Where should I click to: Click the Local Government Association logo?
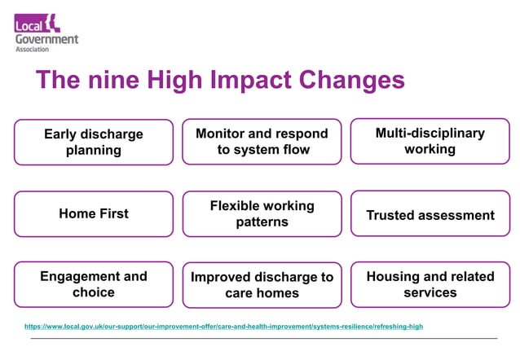pos(46,33)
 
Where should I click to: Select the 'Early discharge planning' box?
pos(94,143)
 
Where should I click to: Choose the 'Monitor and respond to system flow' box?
pos(262,142)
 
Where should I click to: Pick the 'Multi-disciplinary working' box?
pos(430,141)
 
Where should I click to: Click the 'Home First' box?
pos(94,214)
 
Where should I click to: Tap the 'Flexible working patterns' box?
pos(262,214)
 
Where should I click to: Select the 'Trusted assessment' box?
pos(430,215)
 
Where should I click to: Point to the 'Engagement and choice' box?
pos(94,284)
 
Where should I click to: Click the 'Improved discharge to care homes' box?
pos(262,285)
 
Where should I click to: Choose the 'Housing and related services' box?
pos(430,284)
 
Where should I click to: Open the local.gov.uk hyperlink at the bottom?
pos(224,327)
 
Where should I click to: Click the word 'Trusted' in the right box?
pos(391,216)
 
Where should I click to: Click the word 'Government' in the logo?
pos(46,38)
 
